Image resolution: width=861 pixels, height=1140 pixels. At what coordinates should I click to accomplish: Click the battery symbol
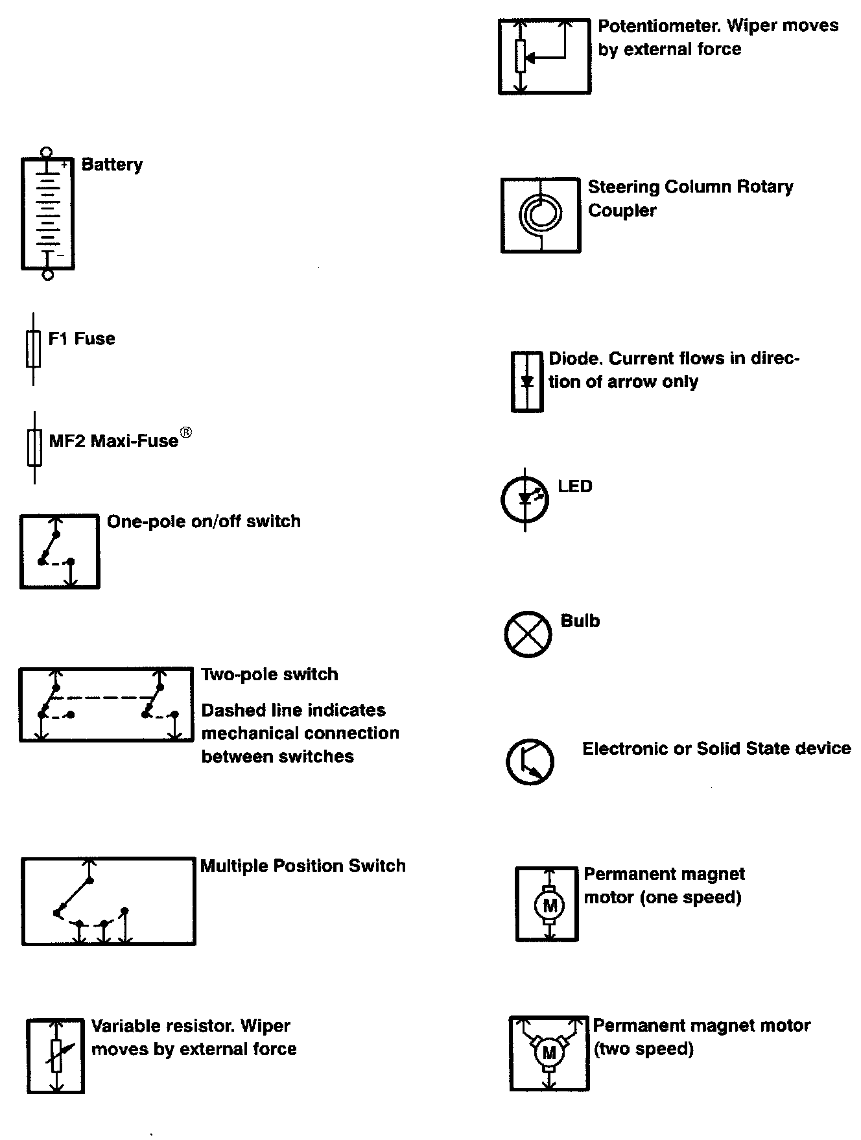click(x=47, y=213)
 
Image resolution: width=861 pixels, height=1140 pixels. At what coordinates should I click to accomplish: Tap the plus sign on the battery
click(x=64, y=166)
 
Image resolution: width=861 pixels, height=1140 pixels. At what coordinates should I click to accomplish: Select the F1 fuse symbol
click(x=33, y=349)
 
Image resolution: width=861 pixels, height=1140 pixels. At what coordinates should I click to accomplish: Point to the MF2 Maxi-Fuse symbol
click(x=34, y=447)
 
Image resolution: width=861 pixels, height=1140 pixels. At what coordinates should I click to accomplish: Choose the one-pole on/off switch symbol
click(x=60, y=552)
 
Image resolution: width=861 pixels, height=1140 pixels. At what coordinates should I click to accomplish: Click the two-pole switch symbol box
click(x=106, y=704)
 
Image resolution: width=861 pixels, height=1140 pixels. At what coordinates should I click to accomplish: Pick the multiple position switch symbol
click(x=108, y=901)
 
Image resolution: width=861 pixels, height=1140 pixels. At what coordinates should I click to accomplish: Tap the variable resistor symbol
click(x=56, y=1056)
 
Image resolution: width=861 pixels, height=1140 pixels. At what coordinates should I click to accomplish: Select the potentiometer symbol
click(x=544, y=56)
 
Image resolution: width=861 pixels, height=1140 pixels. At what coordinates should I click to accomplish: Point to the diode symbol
click(x=527, y=381)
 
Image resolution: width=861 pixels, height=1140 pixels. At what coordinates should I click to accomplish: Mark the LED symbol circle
click(x=525, y=499)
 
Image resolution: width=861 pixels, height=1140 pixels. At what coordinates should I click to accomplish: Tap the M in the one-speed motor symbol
click(x=549, y=905)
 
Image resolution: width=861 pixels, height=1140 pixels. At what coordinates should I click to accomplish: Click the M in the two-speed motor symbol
click(x=549, y=1053)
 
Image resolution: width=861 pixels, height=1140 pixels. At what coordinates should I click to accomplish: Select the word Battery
click(x=112, y=165)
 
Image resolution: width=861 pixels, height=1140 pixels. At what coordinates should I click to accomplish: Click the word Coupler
click(x=622, y=211)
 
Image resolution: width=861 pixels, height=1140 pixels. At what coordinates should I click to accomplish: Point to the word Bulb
click(x=580, y=621)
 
